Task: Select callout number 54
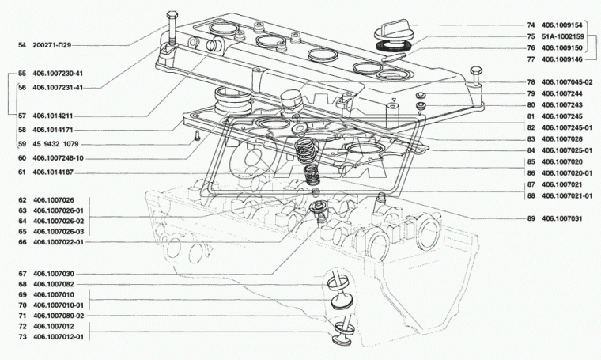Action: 22,46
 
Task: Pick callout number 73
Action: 22,336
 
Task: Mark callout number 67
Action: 22,273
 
